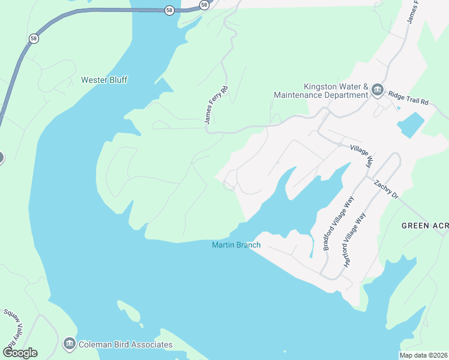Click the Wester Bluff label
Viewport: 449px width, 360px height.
(104, 80)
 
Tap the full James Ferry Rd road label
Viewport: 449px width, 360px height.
(212, 105)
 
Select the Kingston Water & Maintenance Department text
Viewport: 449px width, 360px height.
(319, 91)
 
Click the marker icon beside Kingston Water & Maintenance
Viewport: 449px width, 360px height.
(378, 91)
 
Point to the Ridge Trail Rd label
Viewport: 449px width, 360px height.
(408, 99)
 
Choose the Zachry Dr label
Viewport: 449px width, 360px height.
(386, 189)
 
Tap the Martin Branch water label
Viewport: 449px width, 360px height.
(236, 245)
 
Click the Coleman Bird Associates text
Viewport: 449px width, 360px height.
(126, 344)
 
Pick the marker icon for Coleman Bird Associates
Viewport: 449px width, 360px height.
(69, 344)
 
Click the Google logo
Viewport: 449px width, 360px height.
(20, 352)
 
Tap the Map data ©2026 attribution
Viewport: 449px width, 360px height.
(423, 355)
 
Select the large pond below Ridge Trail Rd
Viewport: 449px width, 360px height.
(410, 125)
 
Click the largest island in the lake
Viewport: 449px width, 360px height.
(129, 313)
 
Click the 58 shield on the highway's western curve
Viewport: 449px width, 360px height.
(33, 38)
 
